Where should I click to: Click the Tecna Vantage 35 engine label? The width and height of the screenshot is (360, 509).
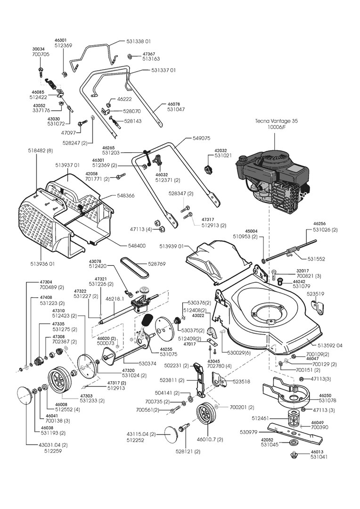tap(277, 121)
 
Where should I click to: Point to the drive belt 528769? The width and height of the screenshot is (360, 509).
tap(136, 267)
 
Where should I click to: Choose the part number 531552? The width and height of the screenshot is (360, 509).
tap(316, 259)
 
